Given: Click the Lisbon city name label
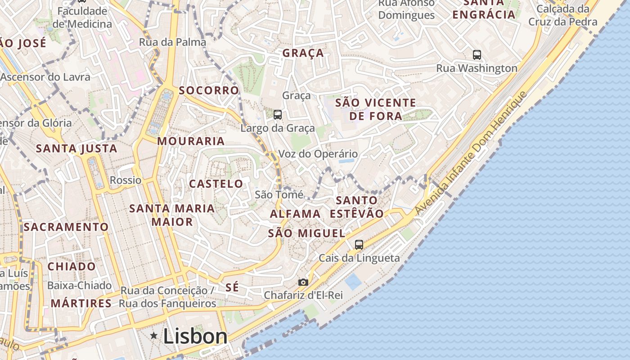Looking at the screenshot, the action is coord(195,336).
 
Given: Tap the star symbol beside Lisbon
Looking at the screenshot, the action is coord(154,335).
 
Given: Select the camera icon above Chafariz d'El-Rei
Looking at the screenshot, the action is coord(303,282).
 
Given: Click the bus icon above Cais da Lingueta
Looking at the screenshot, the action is coord(359,245).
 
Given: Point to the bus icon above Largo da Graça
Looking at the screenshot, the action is coord(278,115).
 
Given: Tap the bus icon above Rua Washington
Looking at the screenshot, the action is coord(477,55).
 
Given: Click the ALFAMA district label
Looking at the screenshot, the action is coord(295,214).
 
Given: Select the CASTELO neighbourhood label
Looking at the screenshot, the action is coord(216,184).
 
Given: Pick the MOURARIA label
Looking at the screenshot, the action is coord(191,141).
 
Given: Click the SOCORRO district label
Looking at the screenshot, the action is coord(209,90).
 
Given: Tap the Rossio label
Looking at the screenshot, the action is coord(126,180).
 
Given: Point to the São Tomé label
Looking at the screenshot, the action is coord(279,194).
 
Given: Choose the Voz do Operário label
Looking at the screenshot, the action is coord(318,154).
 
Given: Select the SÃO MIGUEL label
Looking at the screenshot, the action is coord(306,233).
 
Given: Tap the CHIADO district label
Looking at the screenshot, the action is coord(72,266).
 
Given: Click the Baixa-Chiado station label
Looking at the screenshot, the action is coord(79,285).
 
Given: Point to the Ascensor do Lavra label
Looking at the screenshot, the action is coord(45,77).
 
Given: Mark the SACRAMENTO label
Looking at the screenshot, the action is coord(66,227).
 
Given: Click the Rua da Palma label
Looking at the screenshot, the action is coord(172,42).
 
